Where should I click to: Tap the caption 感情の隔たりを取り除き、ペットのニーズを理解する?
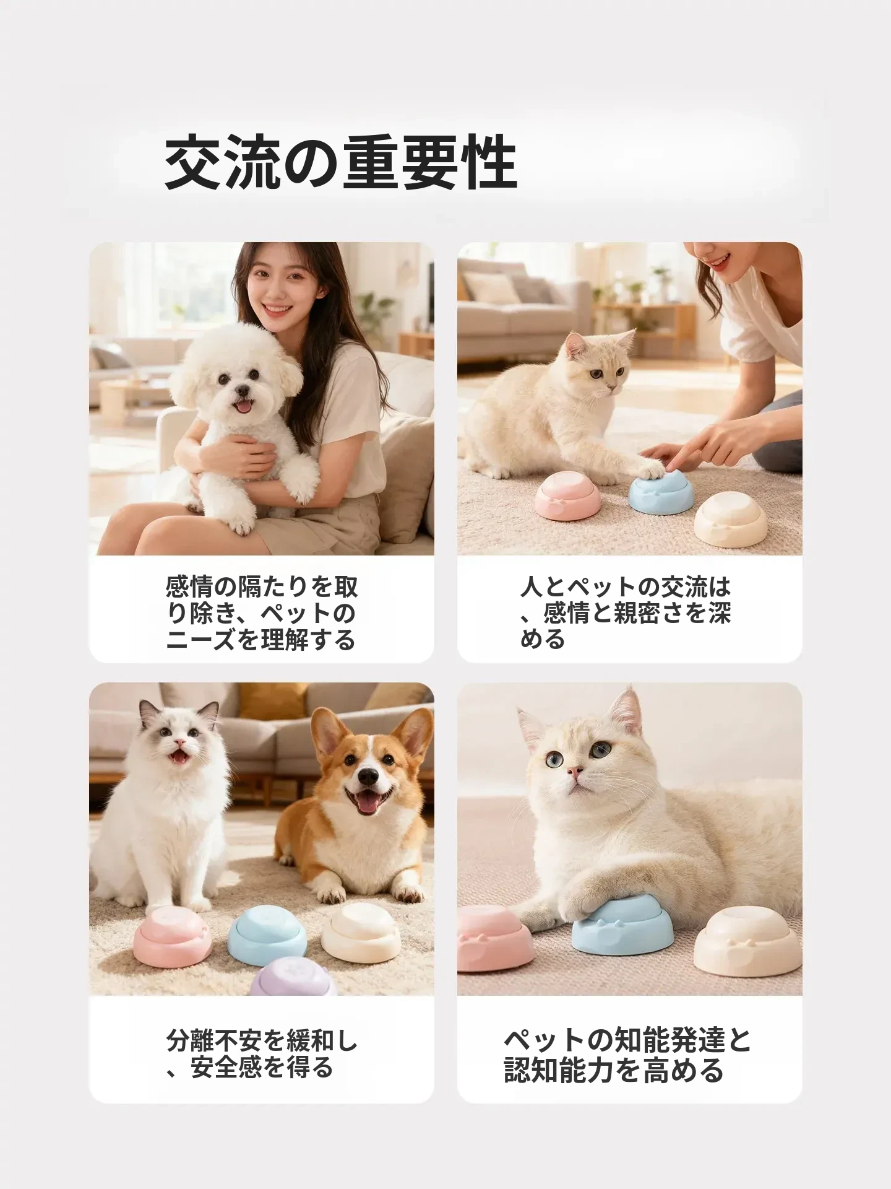tap(262, 613)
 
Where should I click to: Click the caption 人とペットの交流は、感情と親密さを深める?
tap(626, 612)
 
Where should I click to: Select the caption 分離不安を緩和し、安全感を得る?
tap(262, 1055)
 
